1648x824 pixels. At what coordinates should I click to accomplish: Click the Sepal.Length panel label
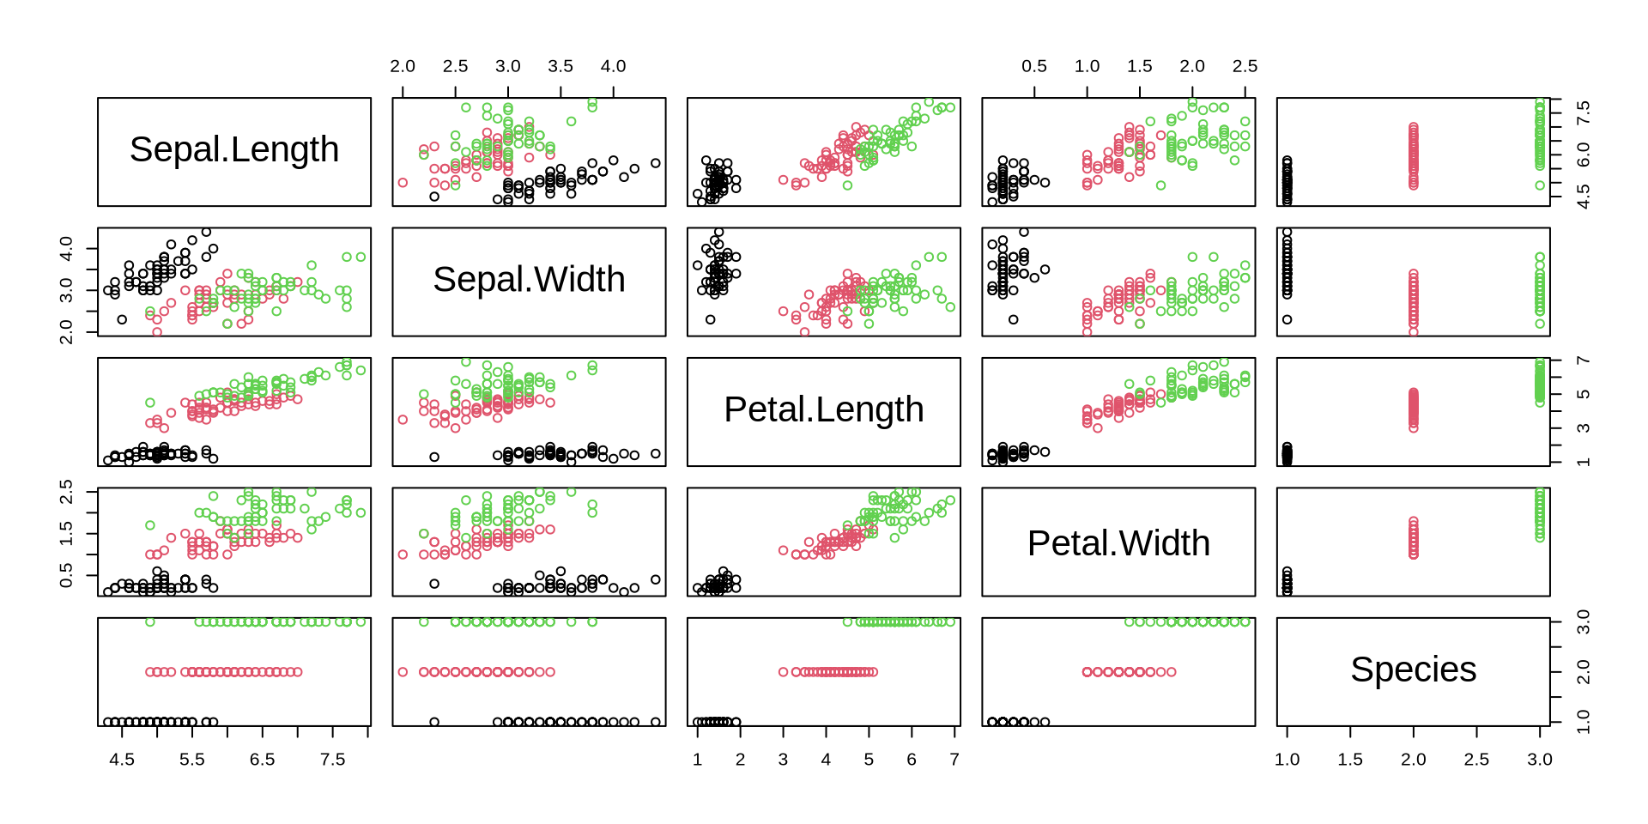pyautogui.click(x=234, y=150)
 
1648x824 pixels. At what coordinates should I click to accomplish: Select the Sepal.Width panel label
pyautogui.click(x=529, y=280)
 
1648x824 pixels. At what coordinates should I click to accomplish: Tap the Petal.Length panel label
pyautogui.click(x=824, y=410)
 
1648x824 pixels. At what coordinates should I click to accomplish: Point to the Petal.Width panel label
pyautogui.click(x=1118, y=543)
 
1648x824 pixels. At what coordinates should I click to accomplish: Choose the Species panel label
pyautogui.click(x=1413, y=669)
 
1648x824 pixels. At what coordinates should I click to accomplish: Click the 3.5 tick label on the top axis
pyautogui.click(x=560, y=66)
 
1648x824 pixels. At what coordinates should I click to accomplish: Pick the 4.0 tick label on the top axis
pyautogui.click(x=613, y=66)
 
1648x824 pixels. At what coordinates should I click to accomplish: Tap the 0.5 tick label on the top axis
pyautogui.click(x=1034, y=66)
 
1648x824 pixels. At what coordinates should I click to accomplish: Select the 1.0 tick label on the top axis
pyautogui.click(x=1087, y=66)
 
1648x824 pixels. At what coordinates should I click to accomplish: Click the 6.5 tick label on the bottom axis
pyautogui.click(x=262, y=760)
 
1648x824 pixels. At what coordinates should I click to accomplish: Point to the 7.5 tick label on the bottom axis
pyautogui.click(x=332, y=760)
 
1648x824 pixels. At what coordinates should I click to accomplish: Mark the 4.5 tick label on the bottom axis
pyautogui.click(x=122, y=760)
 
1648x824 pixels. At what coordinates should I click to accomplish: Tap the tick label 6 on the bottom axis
pyautogui.click(x=912, y=760)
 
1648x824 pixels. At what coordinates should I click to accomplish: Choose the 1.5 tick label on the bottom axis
pyautogui.click(x=1350, y=760)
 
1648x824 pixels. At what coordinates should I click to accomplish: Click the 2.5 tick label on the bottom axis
pyautogui.click(x=1476, y=760)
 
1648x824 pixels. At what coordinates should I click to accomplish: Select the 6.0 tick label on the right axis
pyautogui.click(x=1584, y=154)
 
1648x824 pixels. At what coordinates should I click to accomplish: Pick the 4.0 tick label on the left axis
pyautogui.click(x=66, y=249)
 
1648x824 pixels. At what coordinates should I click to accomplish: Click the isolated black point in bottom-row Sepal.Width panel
pyautogui.click(x=434, y=722)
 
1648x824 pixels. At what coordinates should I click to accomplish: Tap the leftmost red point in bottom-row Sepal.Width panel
pyautogui.click(x=403, y=672)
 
